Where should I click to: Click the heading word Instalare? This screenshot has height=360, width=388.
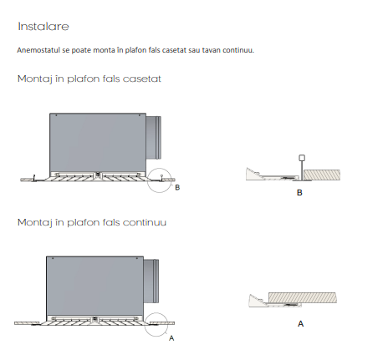click(43, 27)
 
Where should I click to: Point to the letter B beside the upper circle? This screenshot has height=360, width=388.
click(177, 188)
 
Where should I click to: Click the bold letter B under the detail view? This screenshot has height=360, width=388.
click(299, 193)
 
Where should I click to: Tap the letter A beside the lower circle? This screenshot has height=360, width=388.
click(171, 338)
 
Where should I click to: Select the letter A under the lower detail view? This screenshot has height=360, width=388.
click(300, 324)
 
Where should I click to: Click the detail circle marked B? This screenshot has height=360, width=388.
click(147, 180)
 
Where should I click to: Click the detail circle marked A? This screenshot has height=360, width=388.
click(145, 324)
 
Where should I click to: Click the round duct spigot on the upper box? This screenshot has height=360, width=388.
click(154, 138)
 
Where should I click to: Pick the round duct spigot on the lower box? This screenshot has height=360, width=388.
click(151, 281)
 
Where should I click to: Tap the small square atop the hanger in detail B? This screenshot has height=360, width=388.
click(302, 158)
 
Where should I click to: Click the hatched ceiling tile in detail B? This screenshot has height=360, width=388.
click(322, 175)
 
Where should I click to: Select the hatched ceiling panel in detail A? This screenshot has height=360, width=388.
click(303, 297)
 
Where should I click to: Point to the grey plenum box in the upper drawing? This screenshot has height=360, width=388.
click(98, 143)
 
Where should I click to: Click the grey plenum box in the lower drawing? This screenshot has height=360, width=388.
click(94, 286)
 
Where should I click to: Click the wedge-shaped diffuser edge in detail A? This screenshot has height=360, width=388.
click(256, 302)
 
